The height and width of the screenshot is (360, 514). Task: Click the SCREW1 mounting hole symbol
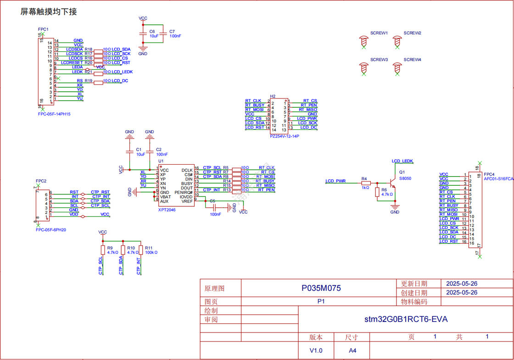(364, 42)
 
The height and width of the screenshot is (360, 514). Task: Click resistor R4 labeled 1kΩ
(366, 183)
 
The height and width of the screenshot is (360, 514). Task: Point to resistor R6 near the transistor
(378, 192)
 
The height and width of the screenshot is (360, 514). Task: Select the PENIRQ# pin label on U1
(184, 192)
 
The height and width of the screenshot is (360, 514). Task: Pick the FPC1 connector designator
(43, 29)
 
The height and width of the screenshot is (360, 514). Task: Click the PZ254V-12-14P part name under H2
(285, 136)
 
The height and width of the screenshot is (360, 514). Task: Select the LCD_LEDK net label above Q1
(402, 161)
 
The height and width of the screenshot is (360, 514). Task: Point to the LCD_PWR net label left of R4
(335, 181)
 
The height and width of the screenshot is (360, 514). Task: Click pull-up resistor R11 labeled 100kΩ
(141, 249)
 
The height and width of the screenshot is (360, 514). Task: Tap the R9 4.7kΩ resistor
(103, 249)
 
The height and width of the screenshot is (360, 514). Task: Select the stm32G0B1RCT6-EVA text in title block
(406, 319)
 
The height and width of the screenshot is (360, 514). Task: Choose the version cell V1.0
(316, 350)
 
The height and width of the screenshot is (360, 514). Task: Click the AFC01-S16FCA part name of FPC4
(498, 179)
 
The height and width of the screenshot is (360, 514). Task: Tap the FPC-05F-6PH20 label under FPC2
(51, 230)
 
